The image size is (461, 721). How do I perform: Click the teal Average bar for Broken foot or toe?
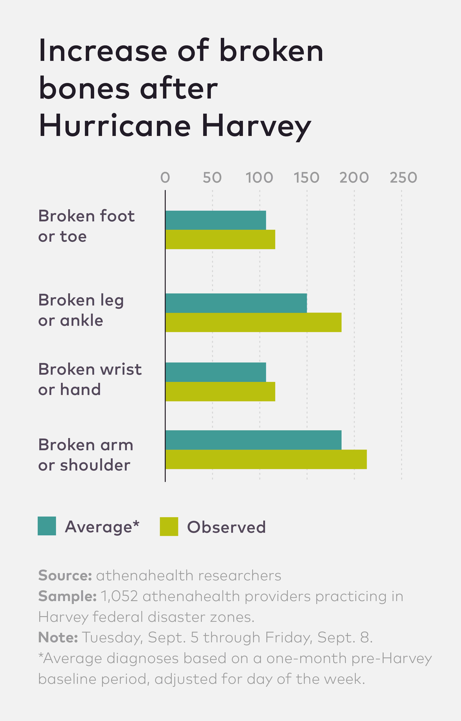click(216, 220)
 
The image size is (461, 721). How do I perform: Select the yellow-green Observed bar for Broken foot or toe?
click(220, 239)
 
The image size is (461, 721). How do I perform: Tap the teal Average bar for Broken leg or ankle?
click(236, 303)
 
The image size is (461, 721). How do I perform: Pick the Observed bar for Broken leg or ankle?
click(254, 322)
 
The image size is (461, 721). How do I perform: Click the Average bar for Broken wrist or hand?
click(216, 372)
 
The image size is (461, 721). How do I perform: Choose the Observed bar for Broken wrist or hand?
click(220, 392)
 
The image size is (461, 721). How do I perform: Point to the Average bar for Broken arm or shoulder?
click(254, 440)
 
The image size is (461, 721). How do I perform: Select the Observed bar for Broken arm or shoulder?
click(266, 459)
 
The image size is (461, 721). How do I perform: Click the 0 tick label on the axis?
click(165, 178)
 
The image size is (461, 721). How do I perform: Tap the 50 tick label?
click(212, 178)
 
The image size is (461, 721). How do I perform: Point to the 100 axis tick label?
click(259, 178)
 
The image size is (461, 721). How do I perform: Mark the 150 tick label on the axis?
click(306, 178)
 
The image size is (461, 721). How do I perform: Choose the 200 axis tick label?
click(354, 178)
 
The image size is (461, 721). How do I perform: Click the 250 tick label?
click(403, 178)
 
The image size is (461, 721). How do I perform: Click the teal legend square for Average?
click(47, 526)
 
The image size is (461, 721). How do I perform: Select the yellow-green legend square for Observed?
click(169, 527)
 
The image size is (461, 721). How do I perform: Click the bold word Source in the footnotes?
click(65, 576)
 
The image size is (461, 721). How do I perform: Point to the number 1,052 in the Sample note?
click(119, 596)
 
